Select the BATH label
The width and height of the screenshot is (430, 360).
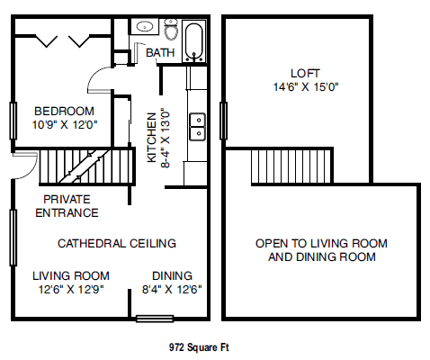coord(160,53)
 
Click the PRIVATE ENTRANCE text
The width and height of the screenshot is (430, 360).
coord(67,206)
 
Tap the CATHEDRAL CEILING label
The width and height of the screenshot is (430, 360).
coord(117,243)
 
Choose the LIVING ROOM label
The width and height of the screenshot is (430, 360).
coord(71,275)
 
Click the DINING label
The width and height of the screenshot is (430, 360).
coord(171,275)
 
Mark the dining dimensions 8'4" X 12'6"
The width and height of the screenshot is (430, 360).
coord(171,290)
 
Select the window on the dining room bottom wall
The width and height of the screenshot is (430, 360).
coord(155,317)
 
